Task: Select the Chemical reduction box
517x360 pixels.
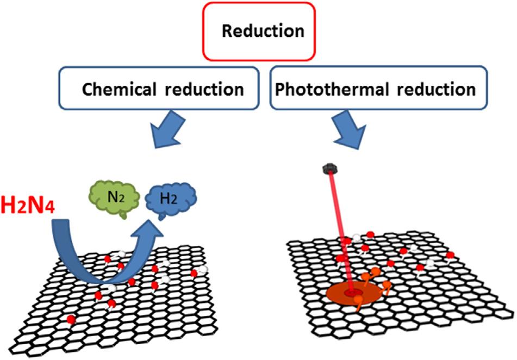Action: (x=161, y=89)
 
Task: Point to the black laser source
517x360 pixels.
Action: (x=327, y=169)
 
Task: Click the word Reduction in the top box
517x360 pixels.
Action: (x=263, y=30)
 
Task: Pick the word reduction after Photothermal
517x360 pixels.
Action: (x=438, y=89)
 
